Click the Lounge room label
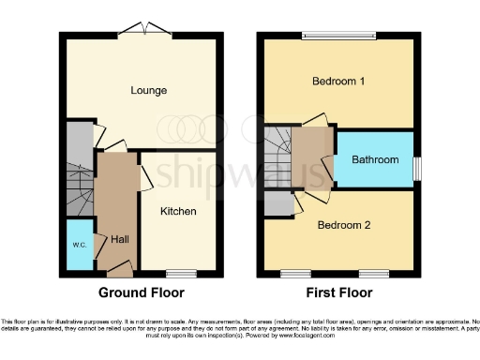149,91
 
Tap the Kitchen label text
178,212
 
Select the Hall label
120,240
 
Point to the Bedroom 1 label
338,82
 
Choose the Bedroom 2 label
344,225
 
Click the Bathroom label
375,160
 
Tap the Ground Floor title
142,292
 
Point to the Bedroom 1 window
339,37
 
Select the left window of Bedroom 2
294,273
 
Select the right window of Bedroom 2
373,273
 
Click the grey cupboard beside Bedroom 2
277,199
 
